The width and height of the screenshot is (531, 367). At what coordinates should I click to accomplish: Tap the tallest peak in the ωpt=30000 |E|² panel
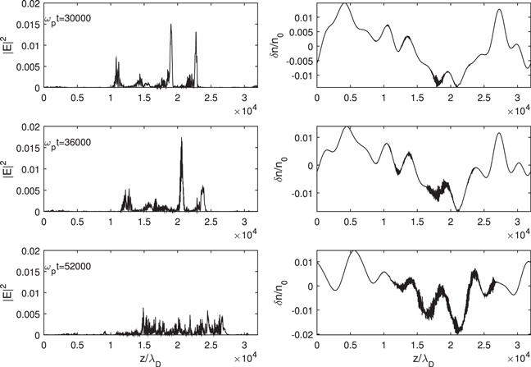pyautogui.click(x=171, y=25)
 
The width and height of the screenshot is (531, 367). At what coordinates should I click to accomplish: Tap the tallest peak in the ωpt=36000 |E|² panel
pyautogui.click(x=181, y=139)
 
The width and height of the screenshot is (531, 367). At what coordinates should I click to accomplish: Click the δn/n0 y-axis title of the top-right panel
pyautogui.click(x=284, y=45)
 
